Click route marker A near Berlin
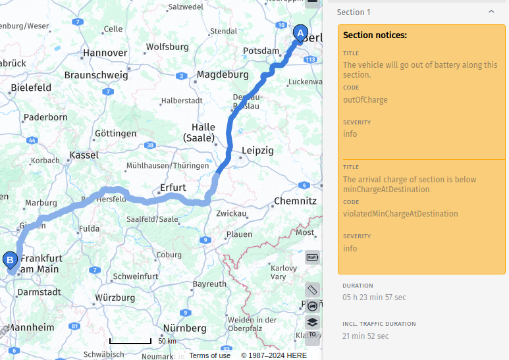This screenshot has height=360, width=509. pos(300,33)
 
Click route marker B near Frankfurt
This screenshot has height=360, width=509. pos(11,261)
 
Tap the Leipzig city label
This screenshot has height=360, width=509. pos(257,151)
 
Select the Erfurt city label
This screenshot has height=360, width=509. pos(173,188)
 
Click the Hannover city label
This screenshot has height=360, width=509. pos(105,53)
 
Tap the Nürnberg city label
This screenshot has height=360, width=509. pos(180,328)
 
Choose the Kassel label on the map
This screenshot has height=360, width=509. pos(84,155)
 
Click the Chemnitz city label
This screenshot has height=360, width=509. pos(295,201)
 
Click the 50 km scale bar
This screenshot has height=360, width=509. pos(130,341)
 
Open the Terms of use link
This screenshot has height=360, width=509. pos(210,355)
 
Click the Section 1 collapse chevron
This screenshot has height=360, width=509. pos(491,12)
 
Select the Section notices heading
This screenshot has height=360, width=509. pos(375,35)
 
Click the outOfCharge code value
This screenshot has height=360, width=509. pos(365,100)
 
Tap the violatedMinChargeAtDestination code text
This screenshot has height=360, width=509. pos(400,214)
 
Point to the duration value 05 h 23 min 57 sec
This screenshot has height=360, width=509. pos(374,297)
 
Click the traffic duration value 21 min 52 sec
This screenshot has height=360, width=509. pos(365,336)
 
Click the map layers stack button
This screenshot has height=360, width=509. pos(312,322)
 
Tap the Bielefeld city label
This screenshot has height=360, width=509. pos(31,87)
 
